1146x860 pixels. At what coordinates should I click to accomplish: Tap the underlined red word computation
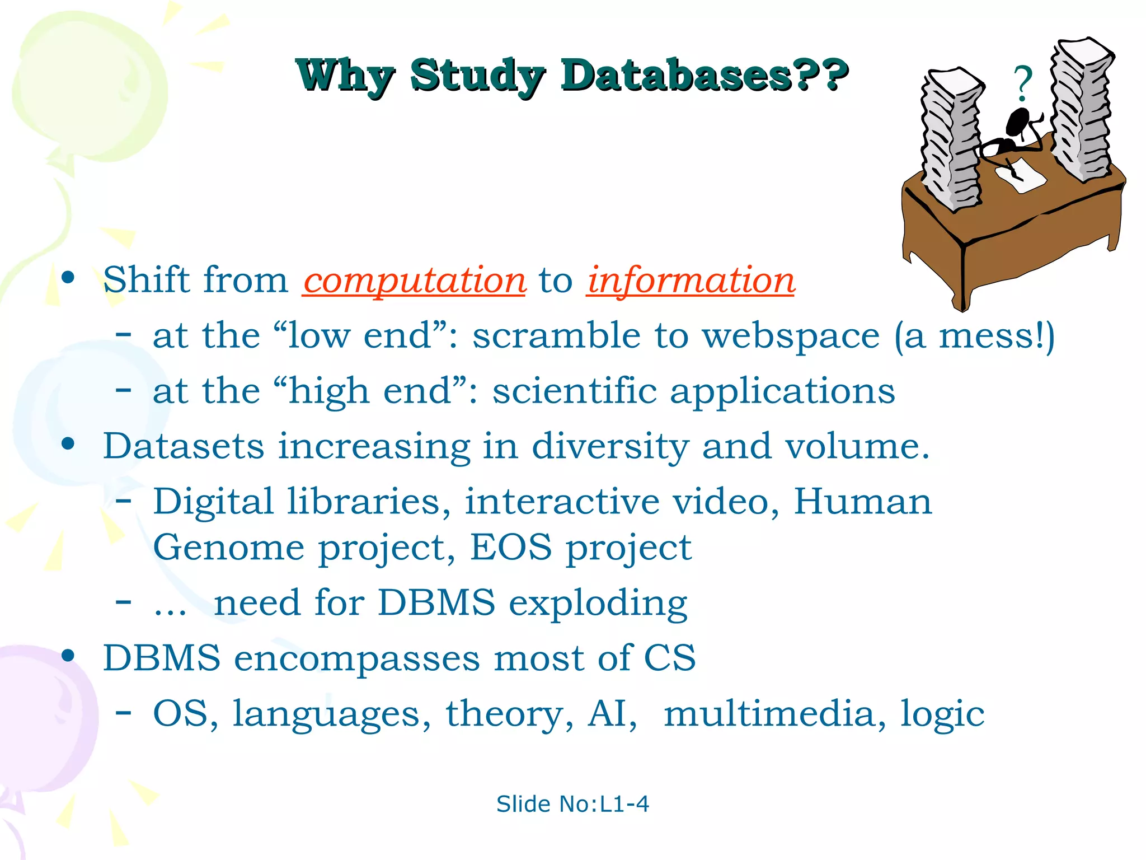(414, 280)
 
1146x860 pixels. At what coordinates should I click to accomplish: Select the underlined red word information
(691, 280)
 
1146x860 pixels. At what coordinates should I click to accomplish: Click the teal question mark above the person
(1023, 83)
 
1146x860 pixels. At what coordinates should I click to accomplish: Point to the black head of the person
(1018, 120)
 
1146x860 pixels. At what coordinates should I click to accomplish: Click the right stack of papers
(1081, 109)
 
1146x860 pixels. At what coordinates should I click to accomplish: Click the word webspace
(791, 336)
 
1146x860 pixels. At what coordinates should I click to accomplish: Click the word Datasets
(184, 446)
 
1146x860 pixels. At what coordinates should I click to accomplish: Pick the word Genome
(228, 548)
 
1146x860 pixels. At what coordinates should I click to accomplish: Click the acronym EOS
(510, 547)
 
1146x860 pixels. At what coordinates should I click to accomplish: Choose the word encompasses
(356, 658)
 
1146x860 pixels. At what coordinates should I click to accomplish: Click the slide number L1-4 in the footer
(624, 804)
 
